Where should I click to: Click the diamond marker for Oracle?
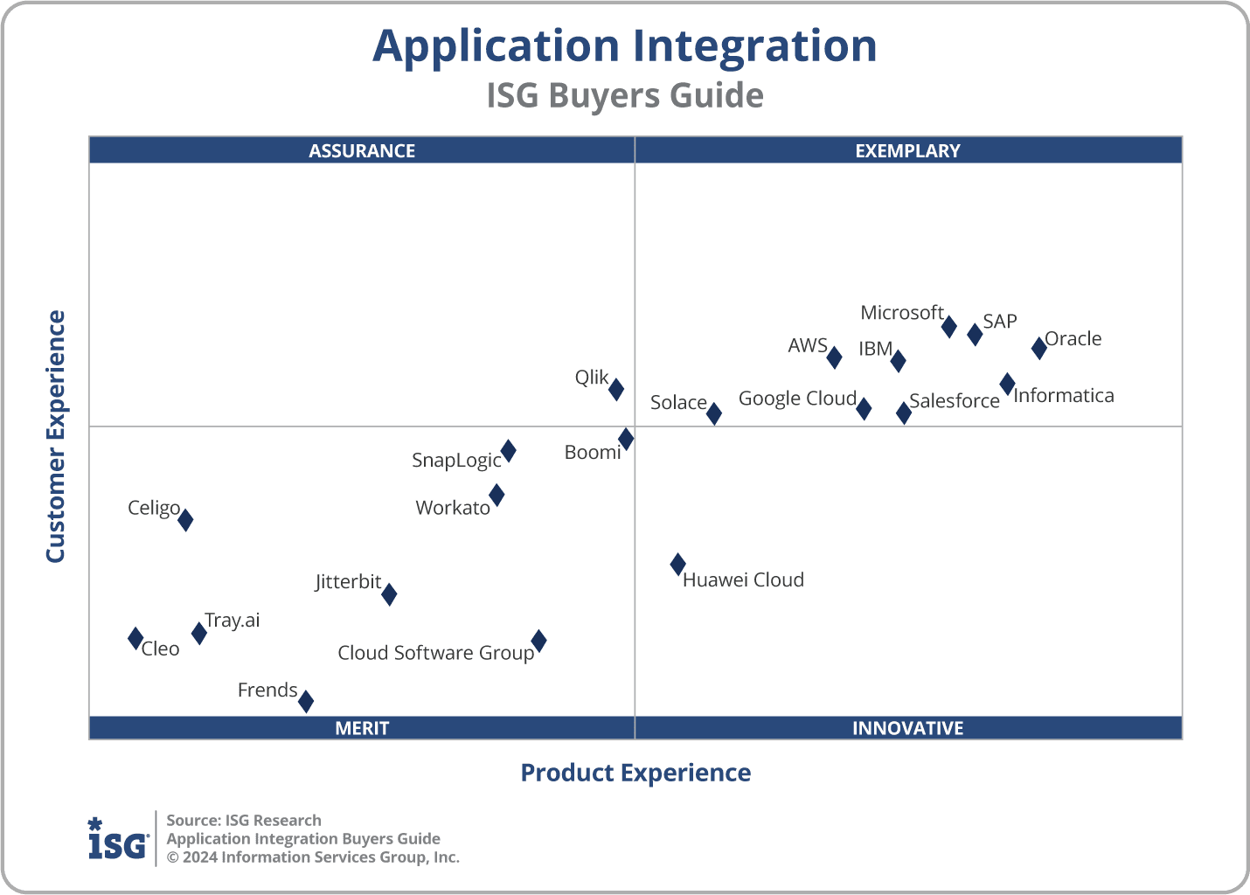click(1038, 347)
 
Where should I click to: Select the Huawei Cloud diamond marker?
click(677, 565)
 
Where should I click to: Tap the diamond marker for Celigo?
click(185, 520)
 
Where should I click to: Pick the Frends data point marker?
click(306, 701)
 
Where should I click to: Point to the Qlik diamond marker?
click(616, 389)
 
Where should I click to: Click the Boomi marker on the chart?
click(626, 439)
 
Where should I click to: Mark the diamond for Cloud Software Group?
click(539, 642)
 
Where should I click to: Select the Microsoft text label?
click(901, 313)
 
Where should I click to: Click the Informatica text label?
click(1063, 396)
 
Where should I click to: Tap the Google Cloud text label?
click(797, 399)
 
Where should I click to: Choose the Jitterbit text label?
click(348, 582)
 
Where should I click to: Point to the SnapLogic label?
click(456, 461)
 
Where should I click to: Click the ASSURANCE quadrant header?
click(362, 150)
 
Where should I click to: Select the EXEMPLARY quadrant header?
click(907, 150)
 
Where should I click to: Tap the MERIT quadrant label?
click(362, 728)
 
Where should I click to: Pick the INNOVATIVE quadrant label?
click(907, 728)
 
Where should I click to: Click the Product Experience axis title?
click(635, 773)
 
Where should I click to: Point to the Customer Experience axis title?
click(56, 437)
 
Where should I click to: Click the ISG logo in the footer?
click(117, 839)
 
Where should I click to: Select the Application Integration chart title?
click(624, 45)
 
